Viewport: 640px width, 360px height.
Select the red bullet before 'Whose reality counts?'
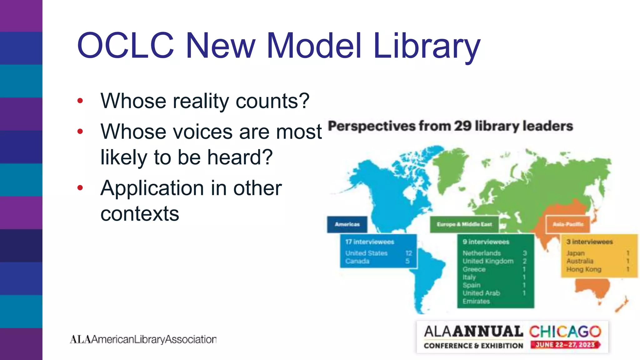pos(80,101)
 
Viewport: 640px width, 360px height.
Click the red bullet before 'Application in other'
pos(80,188)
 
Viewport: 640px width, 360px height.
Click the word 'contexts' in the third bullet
pos(140,214)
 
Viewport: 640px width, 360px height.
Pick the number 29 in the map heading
pos(462,126)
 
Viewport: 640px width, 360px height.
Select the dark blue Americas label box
pos(347,224)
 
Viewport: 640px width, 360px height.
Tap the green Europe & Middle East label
pos(464,224)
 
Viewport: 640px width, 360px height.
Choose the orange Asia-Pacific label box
pos(568,224)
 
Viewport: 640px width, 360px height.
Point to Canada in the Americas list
pos(357,261)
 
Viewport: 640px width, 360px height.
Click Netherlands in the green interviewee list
pos(482,253)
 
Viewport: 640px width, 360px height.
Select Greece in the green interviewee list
pos(474,269)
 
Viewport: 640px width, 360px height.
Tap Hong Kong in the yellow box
pos(584,269)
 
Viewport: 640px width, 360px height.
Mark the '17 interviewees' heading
pos(370,242)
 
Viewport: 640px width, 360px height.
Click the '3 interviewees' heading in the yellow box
pos(589,242)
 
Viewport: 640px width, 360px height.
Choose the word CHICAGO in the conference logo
pos(565,332)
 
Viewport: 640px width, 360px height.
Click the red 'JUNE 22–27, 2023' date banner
pos(565,345)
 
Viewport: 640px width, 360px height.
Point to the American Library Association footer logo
pos(143,339)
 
